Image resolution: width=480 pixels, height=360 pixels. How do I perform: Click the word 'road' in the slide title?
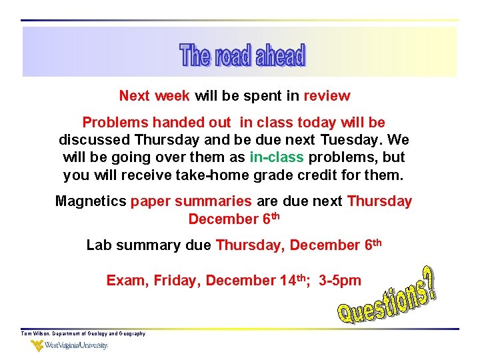coord(233,56)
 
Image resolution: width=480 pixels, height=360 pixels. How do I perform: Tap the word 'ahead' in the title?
coord(279,56)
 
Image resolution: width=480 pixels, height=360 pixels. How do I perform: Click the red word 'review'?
coord(327,95)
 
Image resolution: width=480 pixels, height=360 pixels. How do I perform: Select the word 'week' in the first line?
coord(173,95)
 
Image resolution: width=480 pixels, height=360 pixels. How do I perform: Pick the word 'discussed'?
coord(95,141)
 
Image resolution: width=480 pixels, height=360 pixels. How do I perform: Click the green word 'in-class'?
coord(277,158)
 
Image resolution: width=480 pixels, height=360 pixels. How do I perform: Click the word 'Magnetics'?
coord(91,201)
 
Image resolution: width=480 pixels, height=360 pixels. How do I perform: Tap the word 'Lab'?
coord(99,245)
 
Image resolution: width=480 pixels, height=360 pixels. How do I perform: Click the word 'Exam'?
coord(126,281)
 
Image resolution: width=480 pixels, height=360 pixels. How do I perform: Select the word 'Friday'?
coord(177,281)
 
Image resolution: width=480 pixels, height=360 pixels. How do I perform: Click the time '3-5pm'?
coord(340,281)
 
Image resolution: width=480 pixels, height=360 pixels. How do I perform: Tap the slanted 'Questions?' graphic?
coord(386,297)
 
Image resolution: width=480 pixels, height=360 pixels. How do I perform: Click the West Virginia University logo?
coord(69,346)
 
